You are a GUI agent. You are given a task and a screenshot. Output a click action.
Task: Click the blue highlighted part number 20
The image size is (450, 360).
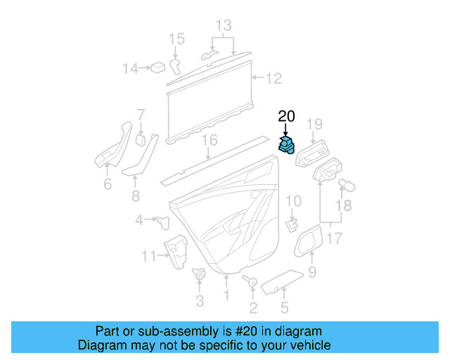coord(287,146)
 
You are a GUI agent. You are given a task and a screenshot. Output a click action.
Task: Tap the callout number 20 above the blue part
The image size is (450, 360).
coord(287,117)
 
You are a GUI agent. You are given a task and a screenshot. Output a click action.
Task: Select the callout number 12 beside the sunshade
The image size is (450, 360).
coord(273,79)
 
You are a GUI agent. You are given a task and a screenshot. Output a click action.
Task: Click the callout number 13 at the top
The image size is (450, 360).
coord(223,27)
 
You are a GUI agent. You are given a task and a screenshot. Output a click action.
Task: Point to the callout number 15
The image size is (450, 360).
coord(176,39)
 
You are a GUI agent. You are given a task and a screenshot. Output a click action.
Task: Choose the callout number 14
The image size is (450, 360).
coord(131,68)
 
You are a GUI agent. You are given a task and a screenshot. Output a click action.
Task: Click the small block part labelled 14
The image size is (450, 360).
coord(160,67)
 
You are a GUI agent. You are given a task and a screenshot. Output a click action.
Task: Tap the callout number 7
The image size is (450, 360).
coord(141,114)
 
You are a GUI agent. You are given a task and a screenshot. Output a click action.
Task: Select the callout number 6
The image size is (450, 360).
coord(108,184)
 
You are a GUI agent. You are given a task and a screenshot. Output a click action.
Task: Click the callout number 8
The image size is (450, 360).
coord(136,195)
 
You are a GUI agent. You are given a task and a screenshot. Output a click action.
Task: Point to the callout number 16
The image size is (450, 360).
coord(209,141)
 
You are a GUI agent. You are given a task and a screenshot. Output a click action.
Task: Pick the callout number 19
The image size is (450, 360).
coord(314,125)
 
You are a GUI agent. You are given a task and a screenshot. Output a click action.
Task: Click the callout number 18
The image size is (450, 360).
coord(342,205)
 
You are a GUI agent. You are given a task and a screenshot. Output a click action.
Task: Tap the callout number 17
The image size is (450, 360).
coord(334,238)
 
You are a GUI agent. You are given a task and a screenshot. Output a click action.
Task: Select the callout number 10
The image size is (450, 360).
coord(293,202)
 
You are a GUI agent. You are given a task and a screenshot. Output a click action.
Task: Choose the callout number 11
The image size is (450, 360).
coord(148,257)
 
